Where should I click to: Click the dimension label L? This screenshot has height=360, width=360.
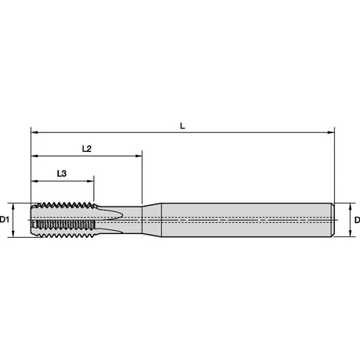(x=182, y=126)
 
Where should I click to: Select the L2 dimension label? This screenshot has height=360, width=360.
(x=87, y=149)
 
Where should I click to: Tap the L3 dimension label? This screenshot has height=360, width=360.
(x=62, y=173)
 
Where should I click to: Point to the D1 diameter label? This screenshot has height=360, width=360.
(x=4, y=220)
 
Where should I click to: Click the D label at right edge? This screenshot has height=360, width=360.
(x=357, y=220)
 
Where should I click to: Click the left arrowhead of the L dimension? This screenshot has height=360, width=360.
(x=34, y=132)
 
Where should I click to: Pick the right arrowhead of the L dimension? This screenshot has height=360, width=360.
(x=331, y=132)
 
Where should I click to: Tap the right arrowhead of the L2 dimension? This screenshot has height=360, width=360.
(x=139, y=157)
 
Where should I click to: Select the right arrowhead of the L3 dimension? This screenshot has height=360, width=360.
(x=90, y=181)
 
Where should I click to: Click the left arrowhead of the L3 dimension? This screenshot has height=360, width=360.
(x=34, y=181)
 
